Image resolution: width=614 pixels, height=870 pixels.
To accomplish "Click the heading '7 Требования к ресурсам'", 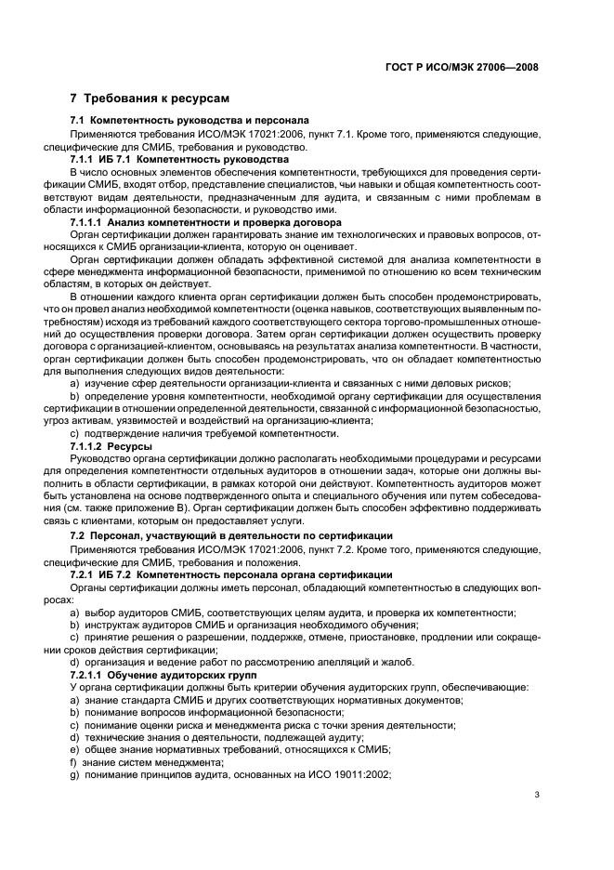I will click(150, 98).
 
